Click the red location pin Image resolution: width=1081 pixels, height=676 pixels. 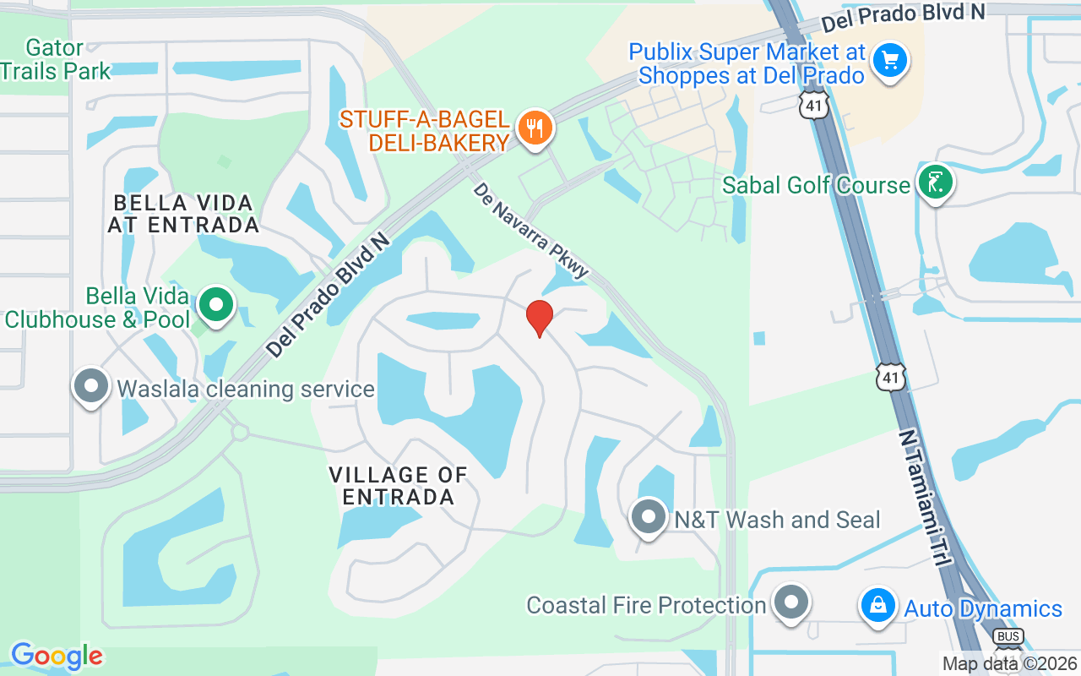[x=540, y=318]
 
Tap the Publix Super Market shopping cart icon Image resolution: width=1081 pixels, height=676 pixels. [x=889, y=61]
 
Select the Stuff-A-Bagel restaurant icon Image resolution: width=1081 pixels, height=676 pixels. [x=534, y=128]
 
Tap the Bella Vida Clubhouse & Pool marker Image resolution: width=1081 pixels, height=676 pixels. [x=216, y=305]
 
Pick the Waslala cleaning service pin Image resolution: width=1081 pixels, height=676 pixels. [x=91, y=387]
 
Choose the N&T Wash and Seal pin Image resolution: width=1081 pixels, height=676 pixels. [x=649, y=517]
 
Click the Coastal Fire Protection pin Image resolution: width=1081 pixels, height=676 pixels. [x=791, y=603]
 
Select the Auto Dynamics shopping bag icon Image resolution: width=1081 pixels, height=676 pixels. [x=878, y=606]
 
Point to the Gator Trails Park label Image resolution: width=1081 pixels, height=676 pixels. [x=56, y=59]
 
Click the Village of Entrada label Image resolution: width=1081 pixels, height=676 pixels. [x=399, y=486]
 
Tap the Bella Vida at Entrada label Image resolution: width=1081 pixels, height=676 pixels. [x=183, y=214]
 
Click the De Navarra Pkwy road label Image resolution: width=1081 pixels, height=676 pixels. [x=530, y=231]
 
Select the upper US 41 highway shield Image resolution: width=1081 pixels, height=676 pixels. [x=815, y=105]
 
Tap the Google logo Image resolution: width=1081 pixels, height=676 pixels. [x=57, y=656]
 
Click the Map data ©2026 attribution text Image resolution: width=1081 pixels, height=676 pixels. [x=1010, y=664]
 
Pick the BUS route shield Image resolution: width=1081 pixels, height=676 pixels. [x=1008, y=636]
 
